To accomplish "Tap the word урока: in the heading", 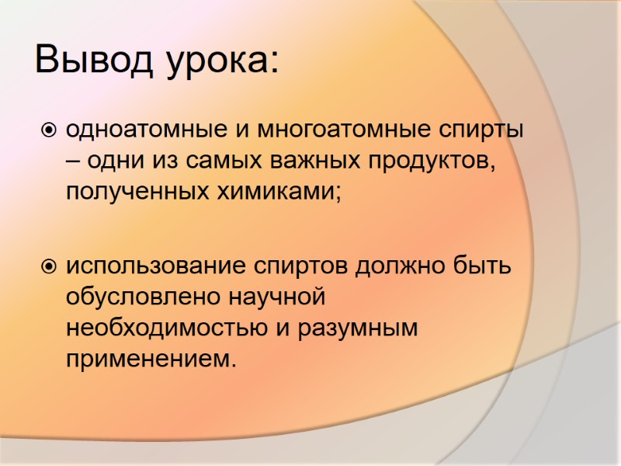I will coord(222,62).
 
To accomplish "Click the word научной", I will coord(272,298).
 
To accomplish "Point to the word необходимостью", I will coord(167,329).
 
